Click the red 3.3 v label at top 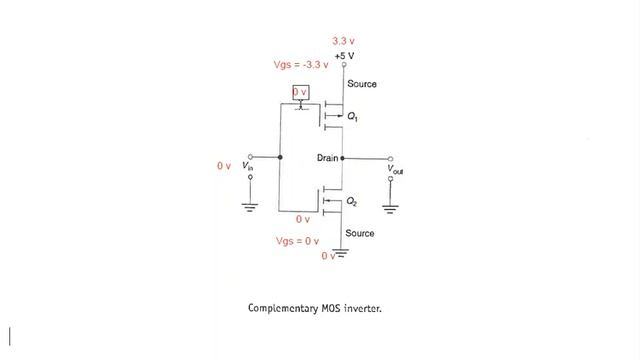point(344,40)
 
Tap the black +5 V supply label point(345,55)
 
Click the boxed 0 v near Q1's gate point(301,92)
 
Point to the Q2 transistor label point(352,202)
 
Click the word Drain point(328,158)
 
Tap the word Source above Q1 point(362,84)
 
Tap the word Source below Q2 point(360,233)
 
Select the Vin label point(248,166)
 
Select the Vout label point(396,171)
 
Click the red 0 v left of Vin point(224,165)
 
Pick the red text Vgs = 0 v point(297,242)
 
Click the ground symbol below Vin point(251,207)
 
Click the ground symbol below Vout point(391,207)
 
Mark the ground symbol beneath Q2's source point(341,255)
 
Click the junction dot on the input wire point(280,158)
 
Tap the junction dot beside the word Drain point(343,158)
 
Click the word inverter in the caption point(359,308)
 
